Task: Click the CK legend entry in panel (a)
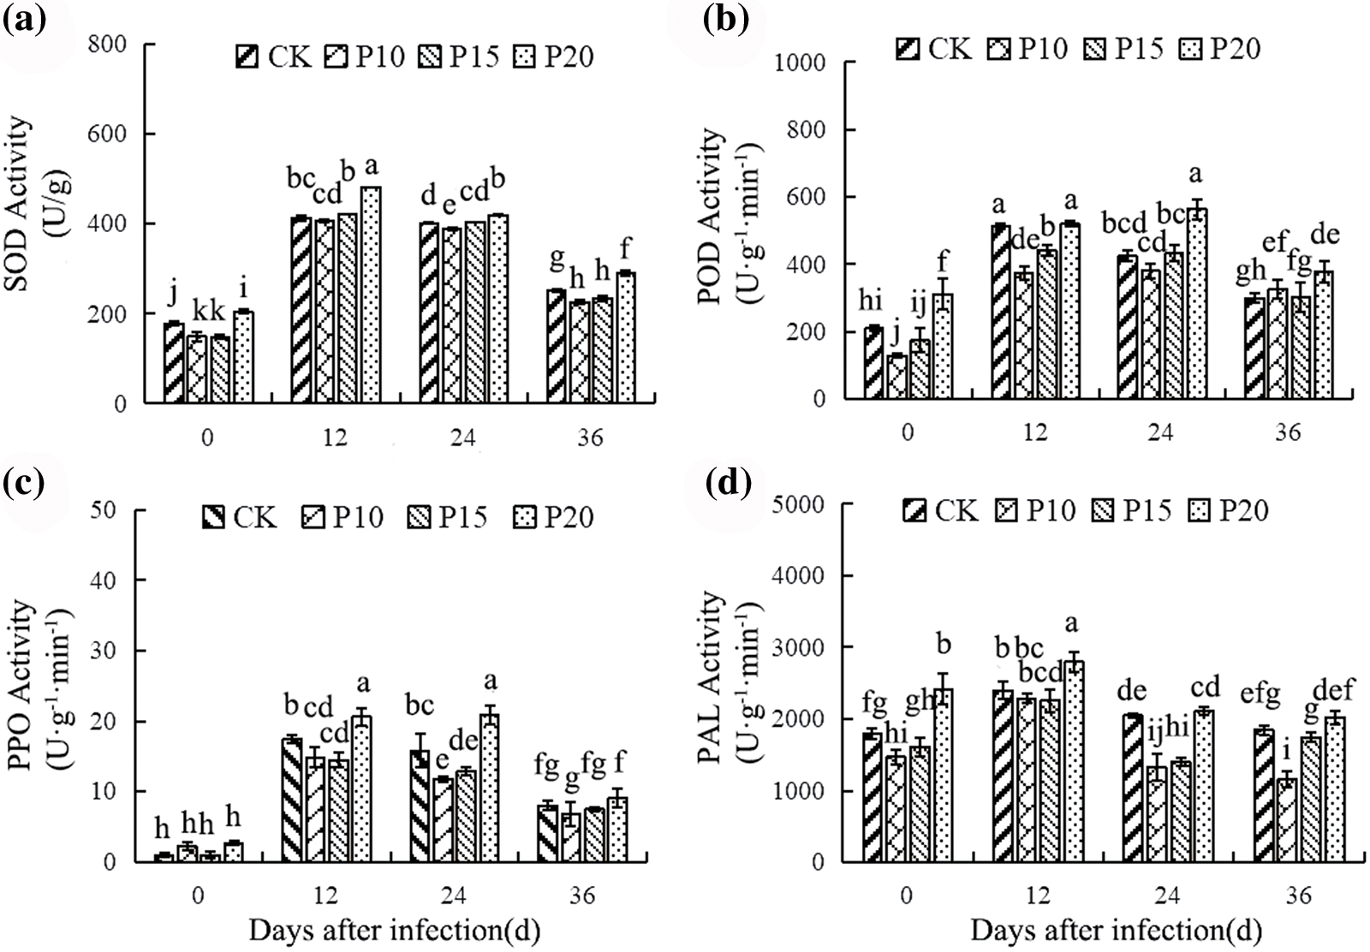click(x=269, y=57)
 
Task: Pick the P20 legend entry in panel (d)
click(x=1229, y=511)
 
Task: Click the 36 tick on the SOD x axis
click(x=591, y=439)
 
